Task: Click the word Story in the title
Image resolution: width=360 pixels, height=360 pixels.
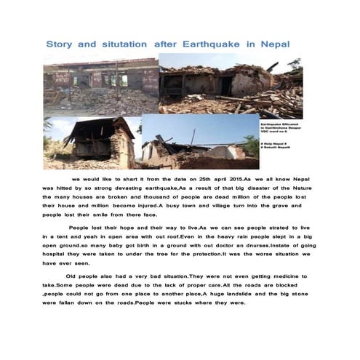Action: click(60, 44)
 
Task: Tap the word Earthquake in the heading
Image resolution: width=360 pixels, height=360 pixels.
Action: click(211, 44)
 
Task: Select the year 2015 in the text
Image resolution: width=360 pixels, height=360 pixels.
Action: click(233, 178)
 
